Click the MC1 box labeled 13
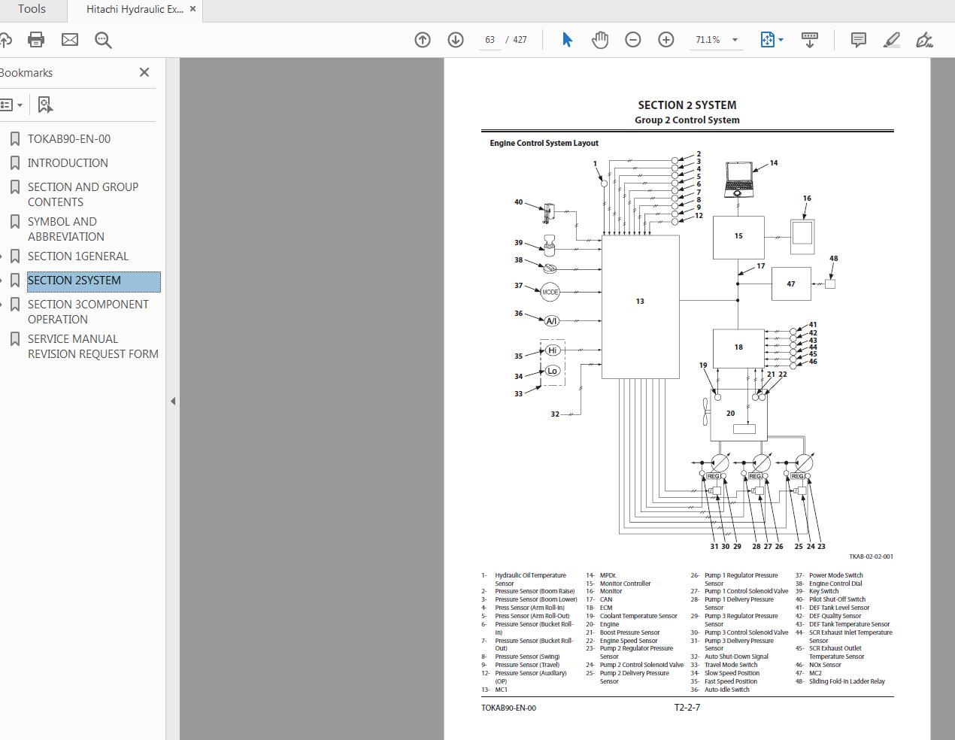[640, 307]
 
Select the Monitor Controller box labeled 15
[738, 237]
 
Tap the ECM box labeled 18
[738, 347]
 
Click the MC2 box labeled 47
[790, 284]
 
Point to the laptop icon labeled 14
[738, 179]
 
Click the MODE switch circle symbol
[550, 292]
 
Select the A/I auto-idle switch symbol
[551, 321]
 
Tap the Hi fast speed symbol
[553, 350]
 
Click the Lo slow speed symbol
[553, 371]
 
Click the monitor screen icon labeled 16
[802, 232]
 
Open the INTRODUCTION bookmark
[68, 162]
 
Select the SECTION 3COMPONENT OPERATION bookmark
[88, 311]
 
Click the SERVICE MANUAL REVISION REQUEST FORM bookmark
[92, 346]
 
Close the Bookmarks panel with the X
[144, 72]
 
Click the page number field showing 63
[490, 40]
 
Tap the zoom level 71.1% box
[708, 40]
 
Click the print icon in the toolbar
[36, 40]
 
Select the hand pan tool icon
[599, 40]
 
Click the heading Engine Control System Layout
[544, 143]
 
